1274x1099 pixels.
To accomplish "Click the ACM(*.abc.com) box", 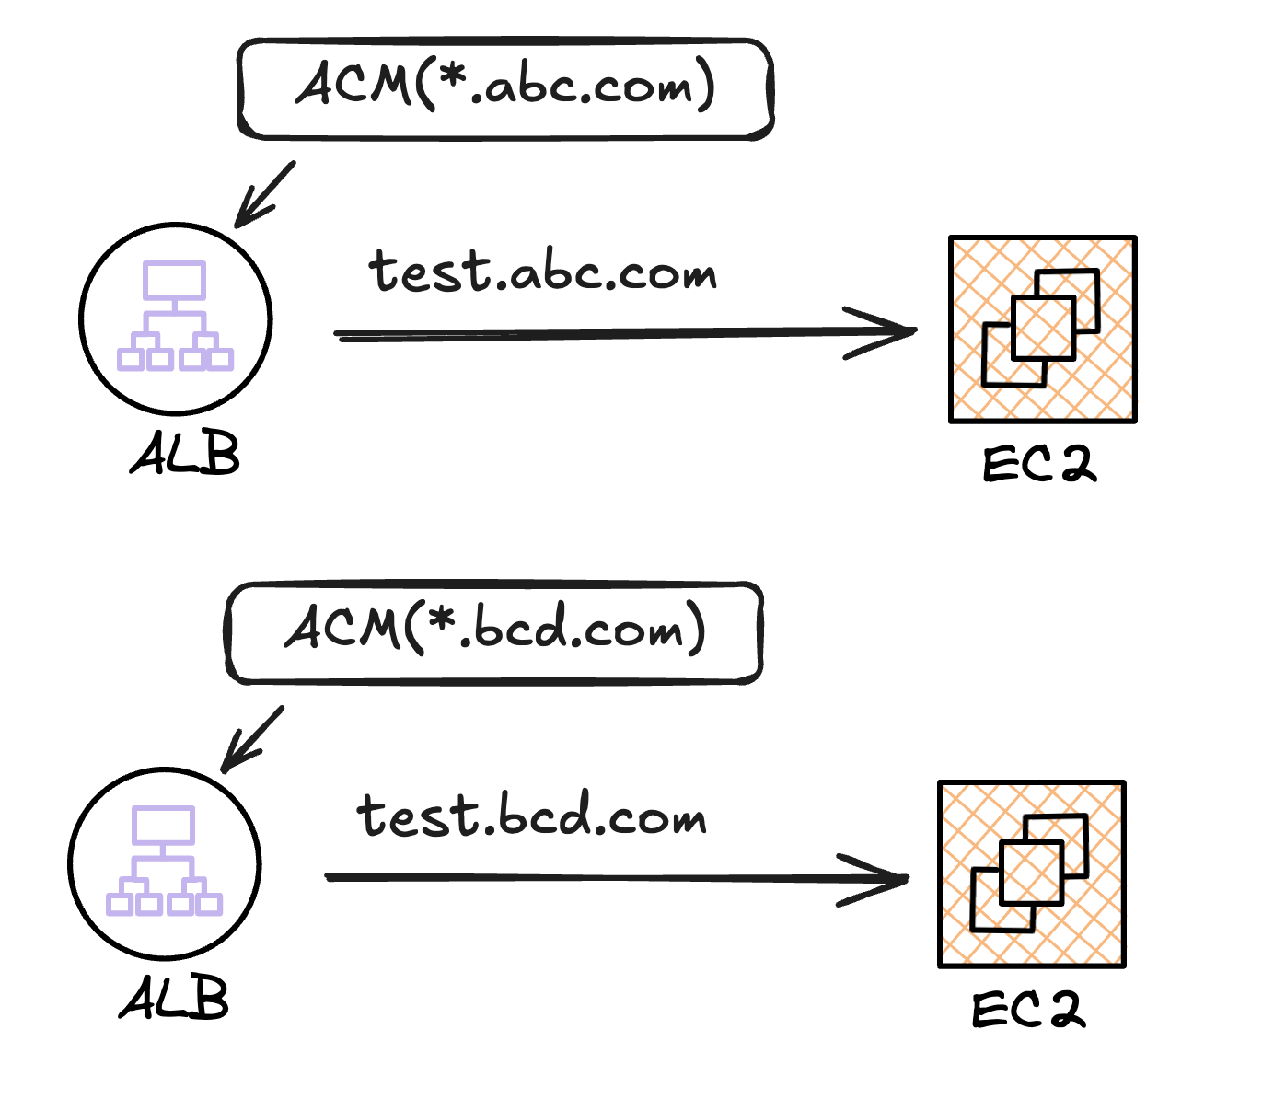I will pyautogui.click(x=504, y=89).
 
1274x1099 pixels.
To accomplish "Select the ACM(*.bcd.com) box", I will pyautogui.click(x=494, y=633).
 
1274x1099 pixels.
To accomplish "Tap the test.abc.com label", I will pyautogui.click(x=542, y=272).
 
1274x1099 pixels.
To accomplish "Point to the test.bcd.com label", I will pyautogui.click(x=531, y=816).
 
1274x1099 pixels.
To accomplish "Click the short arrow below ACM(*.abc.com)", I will pyautogui.click(x=264, y=194).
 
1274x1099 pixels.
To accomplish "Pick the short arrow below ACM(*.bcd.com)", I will pyautogui.click(x=252, y=739).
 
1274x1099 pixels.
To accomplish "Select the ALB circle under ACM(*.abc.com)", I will pyautogui.click(x=176, y=318).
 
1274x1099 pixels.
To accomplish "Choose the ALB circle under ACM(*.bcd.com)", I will pyautogui.click(x=165, y=863).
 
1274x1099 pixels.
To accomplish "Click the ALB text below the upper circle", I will pyautogui.click(x=185, y=454).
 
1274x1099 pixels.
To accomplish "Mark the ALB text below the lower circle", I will pyautogui.click(x=174, y=999).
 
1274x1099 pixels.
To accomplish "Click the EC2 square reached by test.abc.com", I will pyautogui.click(x=1043, y=330).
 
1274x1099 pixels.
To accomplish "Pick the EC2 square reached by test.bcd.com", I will pyautogui.click(x=1032, y=874).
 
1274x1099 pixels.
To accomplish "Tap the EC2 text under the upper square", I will pyautogui.click(x=1039, y=465).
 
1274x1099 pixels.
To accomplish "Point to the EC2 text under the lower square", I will pyautogui.click(x=1028, y=1010).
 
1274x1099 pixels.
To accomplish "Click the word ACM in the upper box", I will pyautogui.click(x=353, y=85).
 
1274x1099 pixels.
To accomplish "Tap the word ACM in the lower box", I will pyautogui.click(x=342, y=629).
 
